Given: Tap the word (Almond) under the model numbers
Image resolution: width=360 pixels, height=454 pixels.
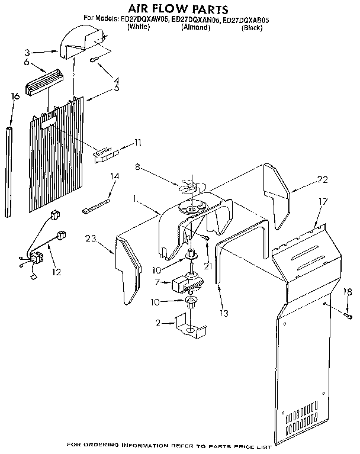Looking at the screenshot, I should [x=195, y=27].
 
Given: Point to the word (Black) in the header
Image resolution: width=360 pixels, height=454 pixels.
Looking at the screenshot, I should [x=252, y=27].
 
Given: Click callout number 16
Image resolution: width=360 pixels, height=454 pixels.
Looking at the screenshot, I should [x=15, y=96].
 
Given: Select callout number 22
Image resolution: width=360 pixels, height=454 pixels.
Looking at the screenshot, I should [x=322, y=180].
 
